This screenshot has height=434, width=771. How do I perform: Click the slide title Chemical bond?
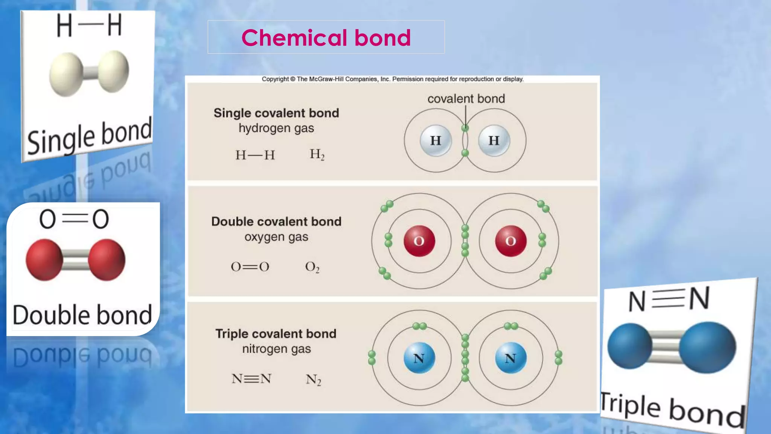pos(326,38)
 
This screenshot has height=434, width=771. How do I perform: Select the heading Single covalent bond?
pos(276,113)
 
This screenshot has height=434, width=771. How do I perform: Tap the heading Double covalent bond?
pos(276,222)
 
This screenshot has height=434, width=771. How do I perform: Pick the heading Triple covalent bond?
pos(276,334)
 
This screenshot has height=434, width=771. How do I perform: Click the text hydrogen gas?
pos(276,128)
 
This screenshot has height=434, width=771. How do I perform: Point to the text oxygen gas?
pos(276,237)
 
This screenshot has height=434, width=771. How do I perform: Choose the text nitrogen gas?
pos(276,349)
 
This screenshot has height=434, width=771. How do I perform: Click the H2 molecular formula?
pos(317,154)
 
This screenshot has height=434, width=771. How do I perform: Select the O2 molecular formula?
pos(312,267)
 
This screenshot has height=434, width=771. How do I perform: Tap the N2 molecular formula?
pos(313,379)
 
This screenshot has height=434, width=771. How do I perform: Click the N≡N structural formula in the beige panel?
pos(251,379)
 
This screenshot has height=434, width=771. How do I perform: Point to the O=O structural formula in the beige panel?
pos(250,267)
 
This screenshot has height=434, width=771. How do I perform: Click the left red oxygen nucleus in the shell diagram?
pos(419,241)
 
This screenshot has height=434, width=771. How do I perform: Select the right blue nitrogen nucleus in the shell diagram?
pos(510,358)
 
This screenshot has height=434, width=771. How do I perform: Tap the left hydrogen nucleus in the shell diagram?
pos(436,141)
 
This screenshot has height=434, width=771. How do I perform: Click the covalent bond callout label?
pos(466,99)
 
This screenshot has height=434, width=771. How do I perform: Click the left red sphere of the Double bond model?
pos(44,260)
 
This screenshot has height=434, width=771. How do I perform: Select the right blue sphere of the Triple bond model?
pos(707,347)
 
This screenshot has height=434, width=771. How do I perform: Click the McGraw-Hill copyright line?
pos(393,79)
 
